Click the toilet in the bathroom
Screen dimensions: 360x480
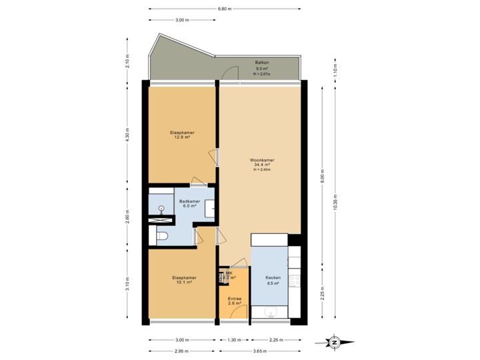162,235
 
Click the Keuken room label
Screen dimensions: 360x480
273,280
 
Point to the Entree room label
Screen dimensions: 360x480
233,301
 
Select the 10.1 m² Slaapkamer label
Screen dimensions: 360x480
183,279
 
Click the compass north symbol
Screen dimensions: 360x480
334,342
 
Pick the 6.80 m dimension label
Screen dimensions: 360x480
225,9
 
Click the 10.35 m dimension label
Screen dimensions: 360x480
334,201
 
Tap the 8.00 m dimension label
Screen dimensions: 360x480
321,175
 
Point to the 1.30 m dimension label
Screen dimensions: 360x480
233,339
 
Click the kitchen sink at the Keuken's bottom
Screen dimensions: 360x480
270,312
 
